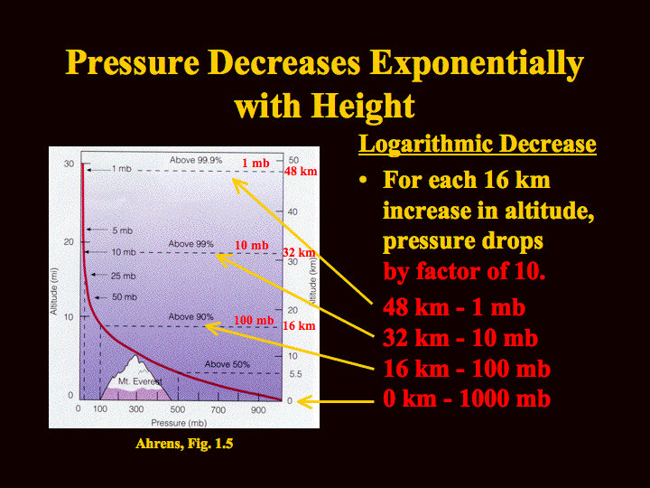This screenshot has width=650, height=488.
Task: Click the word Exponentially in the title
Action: click(x=477, y=63)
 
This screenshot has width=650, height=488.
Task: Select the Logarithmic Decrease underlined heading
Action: click(x=478, y=145)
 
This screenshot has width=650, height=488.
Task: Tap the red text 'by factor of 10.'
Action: click(x=464, y=272)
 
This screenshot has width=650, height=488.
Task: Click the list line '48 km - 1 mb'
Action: click(x=454, y=307)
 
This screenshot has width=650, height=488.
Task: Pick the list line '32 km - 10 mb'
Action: click(x=460, y=338)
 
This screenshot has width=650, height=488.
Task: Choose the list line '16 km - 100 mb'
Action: click(x=467, y=369)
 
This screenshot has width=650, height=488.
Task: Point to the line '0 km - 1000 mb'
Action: click(x=467, y=399)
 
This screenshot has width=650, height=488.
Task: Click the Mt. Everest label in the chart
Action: click(x=140, y=381)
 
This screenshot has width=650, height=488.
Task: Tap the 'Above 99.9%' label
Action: click(x=196, y=160)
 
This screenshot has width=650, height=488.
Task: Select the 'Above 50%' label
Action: click(x=227, y=364)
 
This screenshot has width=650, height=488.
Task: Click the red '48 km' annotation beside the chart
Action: click(x=301, y=171)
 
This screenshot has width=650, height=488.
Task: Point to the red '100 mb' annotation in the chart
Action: click(x=254, y=320)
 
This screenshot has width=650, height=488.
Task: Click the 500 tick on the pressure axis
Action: click(x=178, y=409)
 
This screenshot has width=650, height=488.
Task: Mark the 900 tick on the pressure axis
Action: click(x=258, y=409)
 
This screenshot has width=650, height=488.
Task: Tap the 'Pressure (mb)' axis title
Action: click(x=179, y=423)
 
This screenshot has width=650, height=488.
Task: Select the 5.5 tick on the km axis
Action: click(x=295, y=374)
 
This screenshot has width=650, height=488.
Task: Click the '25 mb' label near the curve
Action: click(x=123, y=276)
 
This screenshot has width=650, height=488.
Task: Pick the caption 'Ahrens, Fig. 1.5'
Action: click(x=184, y=444)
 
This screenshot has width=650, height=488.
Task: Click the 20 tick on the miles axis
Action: click(x=69, y=241)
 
